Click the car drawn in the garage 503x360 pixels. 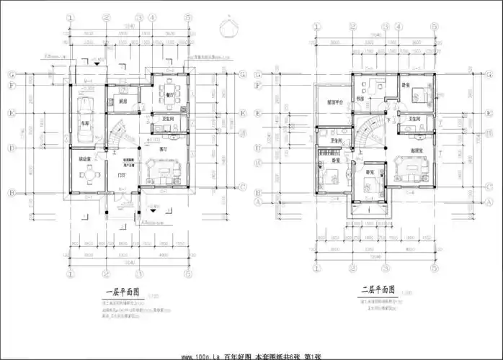(85, 114)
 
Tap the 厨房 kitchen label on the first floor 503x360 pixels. (122, 102)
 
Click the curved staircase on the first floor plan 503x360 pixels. (117, 135)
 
